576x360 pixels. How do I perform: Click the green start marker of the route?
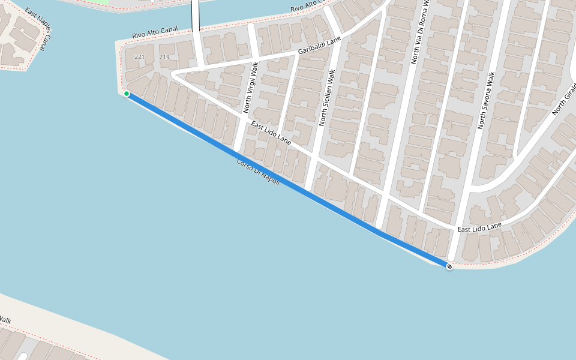(127, 94)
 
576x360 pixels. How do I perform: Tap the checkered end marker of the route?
(449, 266)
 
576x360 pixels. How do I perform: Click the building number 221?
(140, 57)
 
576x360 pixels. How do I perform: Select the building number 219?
(164, 57)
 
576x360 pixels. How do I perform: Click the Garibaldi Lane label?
(319, 46)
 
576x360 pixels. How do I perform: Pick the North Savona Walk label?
(486, 101)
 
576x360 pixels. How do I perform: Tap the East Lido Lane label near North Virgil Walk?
(271, 133)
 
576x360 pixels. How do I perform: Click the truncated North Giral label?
(564, 99)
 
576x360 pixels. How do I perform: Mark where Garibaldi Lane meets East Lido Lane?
(173, 74)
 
